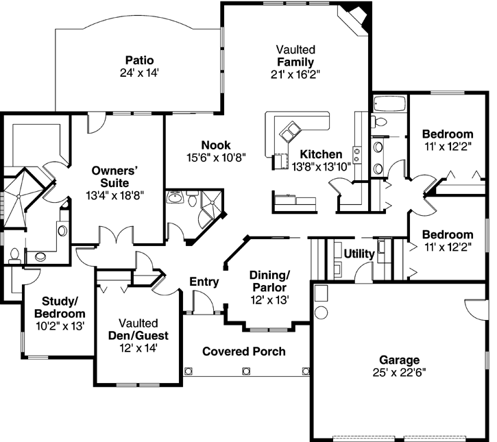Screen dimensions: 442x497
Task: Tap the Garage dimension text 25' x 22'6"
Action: pyautogui.click(x=400, y=372)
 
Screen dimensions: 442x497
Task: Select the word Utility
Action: pyautogui.click(x=359, y=254)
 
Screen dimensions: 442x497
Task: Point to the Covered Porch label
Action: pyautogui.click(x=244, y=352)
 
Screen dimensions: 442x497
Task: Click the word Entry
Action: pyautogui.click(x=204, y=282)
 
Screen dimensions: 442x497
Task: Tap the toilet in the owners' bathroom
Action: pyautogui.click(x=14, y=256)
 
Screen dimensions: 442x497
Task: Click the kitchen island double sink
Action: pyautogui.click(x=292, y=130)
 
